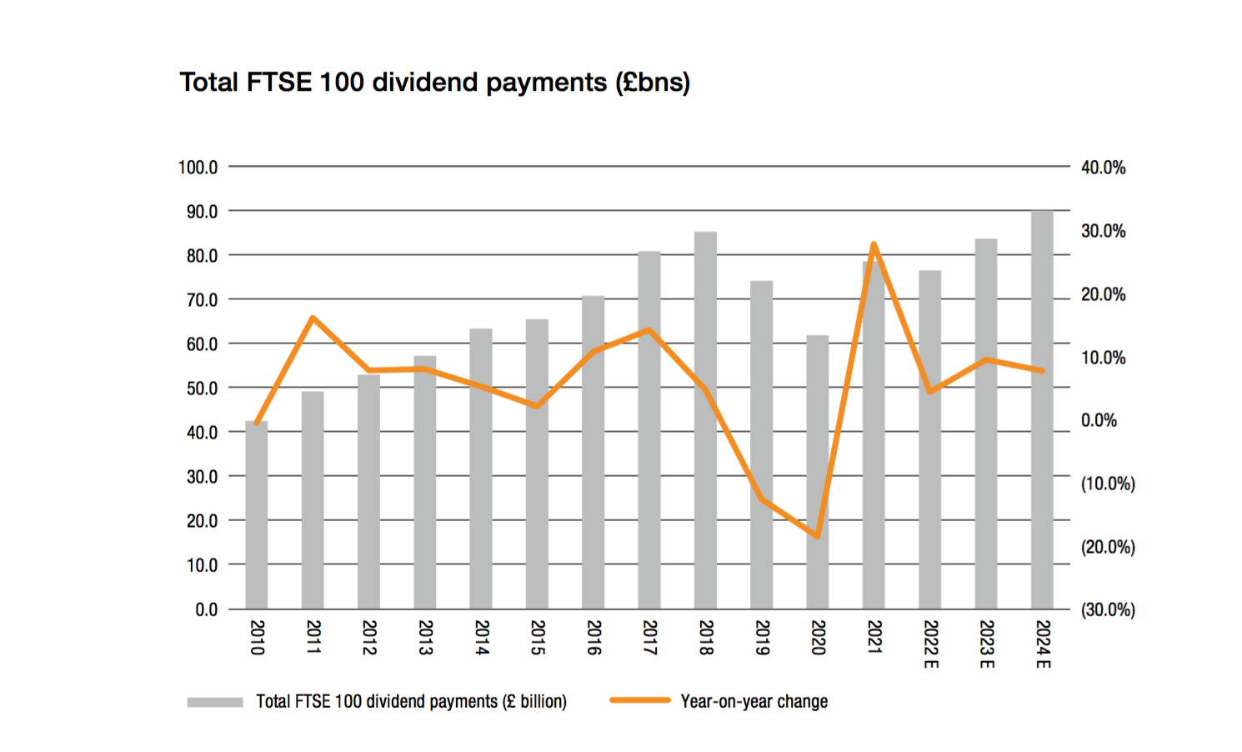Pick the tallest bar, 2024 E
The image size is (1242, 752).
[1042, 409]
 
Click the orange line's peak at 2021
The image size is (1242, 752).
[874, 244]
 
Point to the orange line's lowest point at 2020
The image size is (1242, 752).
[818, 536]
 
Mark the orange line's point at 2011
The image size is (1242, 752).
[313, 318]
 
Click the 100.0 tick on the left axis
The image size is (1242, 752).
[198, 168]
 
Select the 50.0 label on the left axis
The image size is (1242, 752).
[202, 389]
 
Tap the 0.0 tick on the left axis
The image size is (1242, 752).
[207, 609]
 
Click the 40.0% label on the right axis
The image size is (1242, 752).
[1103, 168]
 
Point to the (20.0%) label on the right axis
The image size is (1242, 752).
[1108, 547]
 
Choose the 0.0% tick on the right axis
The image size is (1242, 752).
[1099, 420]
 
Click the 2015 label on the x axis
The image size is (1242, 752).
[538, 637]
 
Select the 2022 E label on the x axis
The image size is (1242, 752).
[931, 644]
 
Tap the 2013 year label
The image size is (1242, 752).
[425, 637]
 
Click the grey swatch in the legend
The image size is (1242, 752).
[215, 702]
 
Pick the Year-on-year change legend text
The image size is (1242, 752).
[754, 702]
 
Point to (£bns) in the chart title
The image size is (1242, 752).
[653, 83]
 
